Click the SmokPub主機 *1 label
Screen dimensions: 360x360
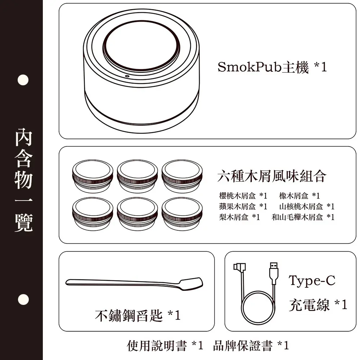click(x=272, y=67)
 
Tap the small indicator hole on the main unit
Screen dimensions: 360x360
click(x=127, y=76)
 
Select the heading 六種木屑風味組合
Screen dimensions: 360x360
click(x=271, y=176)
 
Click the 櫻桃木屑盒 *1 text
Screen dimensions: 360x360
click(x=243, y=196)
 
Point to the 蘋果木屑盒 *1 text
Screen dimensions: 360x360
click(x=243, y=206)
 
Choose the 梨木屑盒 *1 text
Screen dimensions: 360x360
click(x=239, y=217)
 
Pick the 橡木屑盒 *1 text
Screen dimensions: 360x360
click(x=300, y=196)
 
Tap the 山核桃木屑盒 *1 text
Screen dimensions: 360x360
click(x=307, y=206)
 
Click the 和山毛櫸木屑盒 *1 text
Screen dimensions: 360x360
click(x=303, y=217)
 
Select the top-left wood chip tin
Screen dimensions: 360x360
click(x=93, y=176)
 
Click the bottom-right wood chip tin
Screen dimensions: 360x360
click(x=182, y=214)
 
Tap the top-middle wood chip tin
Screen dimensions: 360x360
click(x=137, y=176)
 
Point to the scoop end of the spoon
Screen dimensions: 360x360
click(x=192, y=284)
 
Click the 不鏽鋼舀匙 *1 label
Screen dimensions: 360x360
click(x=138, y=315)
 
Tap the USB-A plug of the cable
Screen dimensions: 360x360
click(x=274, y=273)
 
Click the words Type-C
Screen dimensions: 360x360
click(x=312, y=280)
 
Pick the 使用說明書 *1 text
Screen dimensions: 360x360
click(x=165, y=346)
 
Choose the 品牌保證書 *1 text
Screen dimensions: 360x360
click(x=251, y=346)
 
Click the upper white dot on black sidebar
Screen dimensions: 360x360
click(x=23, y=80)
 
